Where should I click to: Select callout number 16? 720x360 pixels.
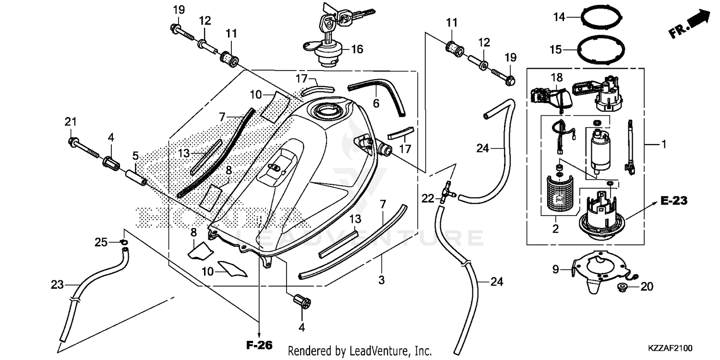[357, 49]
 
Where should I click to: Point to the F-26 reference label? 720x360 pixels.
[259, 345]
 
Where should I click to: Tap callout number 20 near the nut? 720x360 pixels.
[647, 287]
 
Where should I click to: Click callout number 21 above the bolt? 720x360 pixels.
[71, 122]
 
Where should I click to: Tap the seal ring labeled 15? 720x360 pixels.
[603, 49]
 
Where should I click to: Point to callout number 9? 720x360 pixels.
[555, 270]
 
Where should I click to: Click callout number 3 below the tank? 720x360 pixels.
[381, 280]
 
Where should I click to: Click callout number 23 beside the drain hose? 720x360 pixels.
[57, 285]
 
